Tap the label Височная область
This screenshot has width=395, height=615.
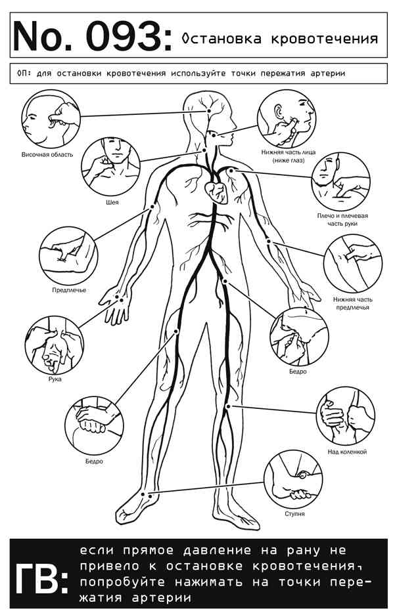[47, 154]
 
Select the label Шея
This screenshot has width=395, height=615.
[112, 202]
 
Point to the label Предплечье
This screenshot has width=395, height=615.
[69, 290]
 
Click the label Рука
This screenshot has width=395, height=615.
[55, 379]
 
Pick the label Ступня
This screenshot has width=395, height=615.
[294, 514]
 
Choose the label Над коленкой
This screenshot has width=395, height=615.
[347, 452]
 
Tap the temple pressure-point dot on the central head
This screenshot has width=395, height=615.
[209, 112]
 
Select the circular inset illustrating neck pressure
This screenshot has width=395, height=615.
[110, 166]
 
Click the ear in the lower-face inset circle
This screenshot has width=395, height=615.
[279, 112]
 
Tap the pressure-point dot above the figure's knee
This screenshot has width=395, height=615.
[228, 407]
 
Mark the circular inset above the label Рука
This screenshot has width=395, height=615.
[54, 345]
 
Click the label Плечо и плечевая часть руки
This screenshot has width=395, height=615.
[342, 220]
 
